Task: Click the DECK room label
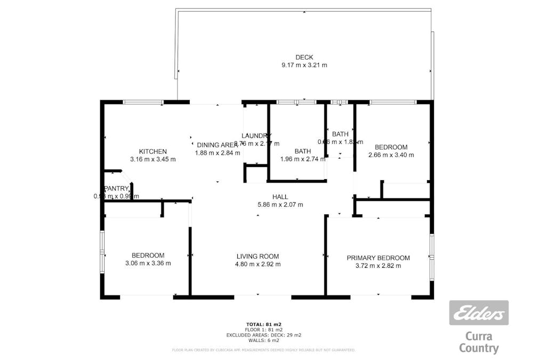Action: point(304,57)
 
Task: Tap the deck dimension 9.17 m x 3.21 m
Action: point(304,65)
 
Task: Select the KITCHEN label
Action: point(153,151)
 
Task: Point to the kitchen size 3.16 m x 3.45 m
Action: point(153,159)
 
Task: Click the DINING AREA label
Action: point(217,145)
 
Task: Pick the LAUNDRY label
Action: point(257,135)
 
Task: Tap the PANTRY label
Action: point(116,188)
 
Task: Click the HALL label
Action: point(280,197)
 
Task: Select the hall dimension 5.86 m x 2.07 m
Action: point(280,204)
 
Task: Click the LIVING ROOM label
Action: point(259,256)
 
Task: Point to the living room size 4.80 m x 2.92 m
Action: point(259,264)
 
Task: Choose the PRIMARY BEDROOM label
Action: point(378,258)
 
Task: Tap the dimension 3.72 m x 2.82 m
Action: point(378,266)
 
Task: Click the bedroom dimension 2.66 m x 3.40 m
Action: point(391,155)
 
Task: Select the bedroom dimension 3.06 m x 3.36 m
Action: point(148,263)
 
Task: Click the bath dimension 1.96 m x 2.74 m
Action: point(303,159)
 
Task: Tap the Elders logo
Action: point(479,313)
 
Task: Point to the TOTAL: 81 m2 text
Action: point(263,324)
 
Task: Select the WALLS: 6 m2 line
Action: point(263,340)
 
